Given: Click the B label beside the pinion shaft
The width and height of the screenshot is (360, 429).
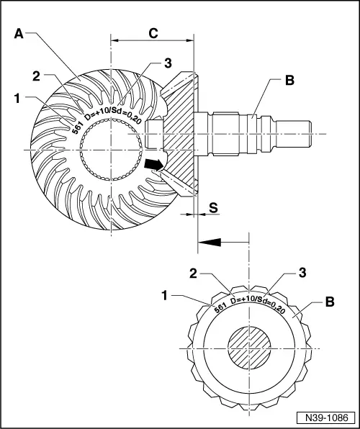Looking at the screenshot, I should [x=289, y=81].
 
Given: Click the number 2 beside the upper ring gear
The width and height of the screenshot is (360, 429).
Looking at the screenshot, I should [x=35, y=76].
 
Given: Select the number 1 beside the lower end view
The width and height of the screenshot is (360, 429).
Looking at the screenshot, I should [x=166, y=295].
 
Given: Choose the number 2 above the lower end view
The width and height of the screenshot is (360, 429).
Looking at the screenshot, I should [x=194, y=273].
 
